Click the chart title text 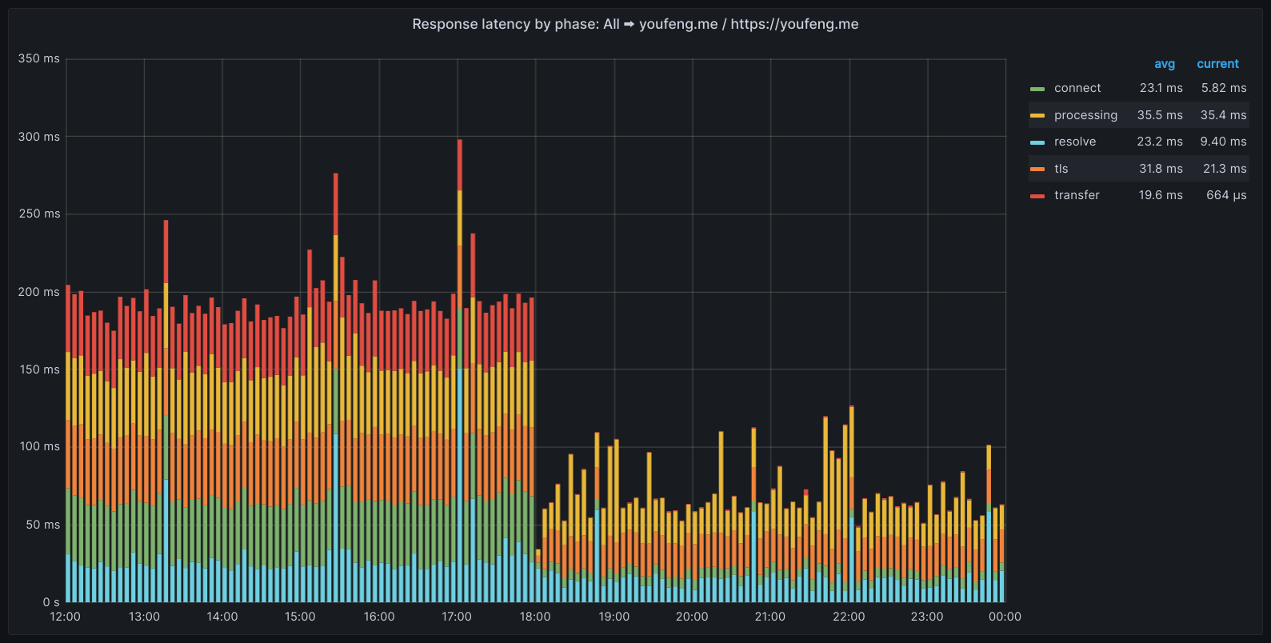[x=635, y=24]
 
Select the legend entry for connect [x=1077, y=88]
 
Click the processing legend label [x=1085, y=115]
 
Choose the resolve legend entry [x=1074, y=142]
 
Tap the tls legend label [x=1061, y=169]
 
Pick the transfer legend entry [x=1076, y=195]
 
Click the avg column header [x=1164, y=64]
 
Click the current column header [x=1217, y=64]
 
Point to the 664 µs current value [x=1226, y=195]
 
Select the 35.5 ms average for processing [x=1160, y=115]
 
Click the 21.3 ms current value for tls [x=1225, y=169]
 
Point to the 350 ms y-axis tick [x=39, y=58]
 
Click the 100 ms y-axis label [x=39, y=446]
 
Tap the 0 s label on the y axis [x=51, y=601]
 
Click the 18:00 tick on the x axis [x=535, y=617]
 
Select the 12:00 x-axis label [x=66, y=617]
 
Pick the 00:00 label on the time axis [x=1005, y=617]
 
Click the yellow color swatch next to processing [x=1037, y=116]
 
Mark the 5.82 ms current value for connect [x=1223, y=88]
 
